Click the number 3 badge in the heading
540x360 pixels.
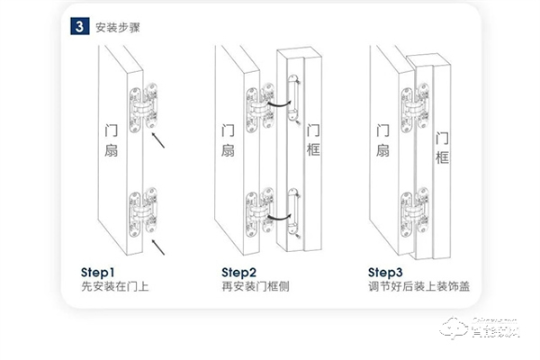pos(78,26)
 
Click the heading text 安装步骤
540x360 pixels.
pos(117,27)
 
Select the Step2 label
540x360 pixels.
pos(239,272)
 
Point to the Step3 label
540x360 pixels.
pos(386,272)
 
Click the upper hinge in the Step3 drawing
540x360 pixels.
pos(415,105)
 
